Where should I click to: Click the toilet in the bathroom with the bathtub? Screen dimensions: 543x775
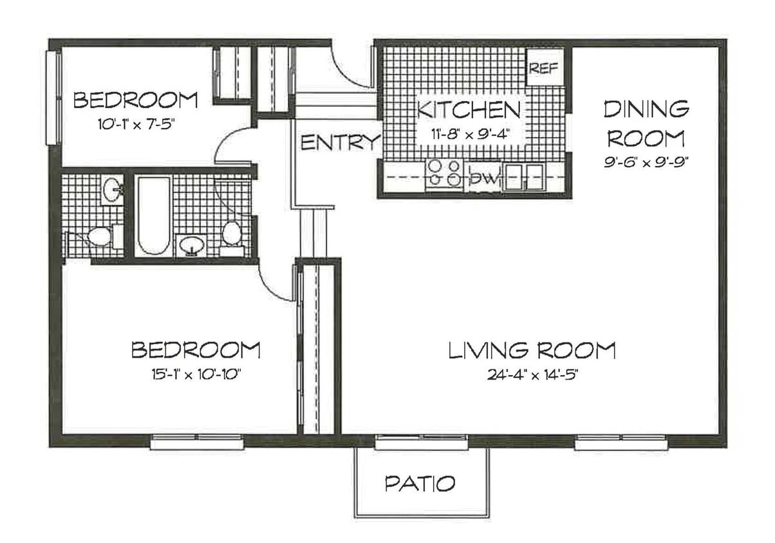click(231, 234)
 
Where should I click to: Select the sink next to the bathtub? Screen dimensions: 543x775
click(191, 245)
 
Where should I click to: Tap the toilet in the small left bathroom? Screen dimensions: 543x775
click(99, 236)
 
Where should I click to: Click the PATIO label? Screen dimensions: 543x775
click(420, 483)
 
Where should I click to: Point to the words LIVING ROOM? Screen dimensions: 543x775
click(532, 351)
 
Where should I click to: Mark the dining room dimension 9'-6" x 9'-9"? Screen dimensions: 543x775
click(646, 163)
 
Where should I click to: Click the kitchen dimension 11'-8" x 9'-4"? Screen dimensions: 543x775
click(470, 135)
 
